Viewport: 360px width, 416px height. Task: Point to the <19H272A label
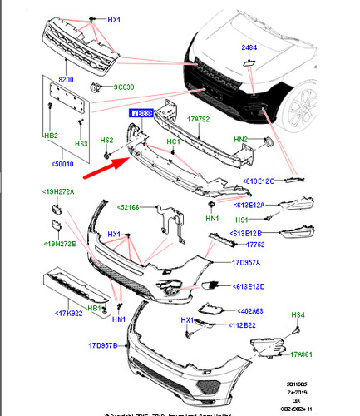click(59, 192)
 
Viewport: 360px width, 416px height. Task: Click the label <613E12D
click(244, 287)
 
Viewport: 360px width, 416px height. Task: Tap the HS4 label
click(298, 316)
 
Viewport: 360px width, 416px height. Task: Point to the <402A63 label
click(245, 310)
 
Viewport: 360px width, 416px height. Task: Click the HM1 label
click(118, 319)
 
